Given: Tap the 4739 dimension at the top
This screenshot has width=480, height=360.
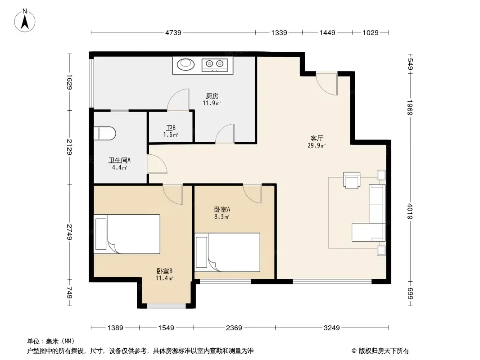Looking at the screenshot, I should [173, 32].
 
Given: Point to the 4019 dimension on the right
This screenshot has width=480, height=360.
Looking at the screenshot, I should [410, 211].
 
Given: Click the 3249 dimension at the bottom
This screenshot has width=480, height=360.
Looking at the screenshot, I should [331, 328].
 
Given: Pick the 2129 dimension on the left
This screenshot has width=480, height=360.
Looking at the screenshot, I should [69, 147].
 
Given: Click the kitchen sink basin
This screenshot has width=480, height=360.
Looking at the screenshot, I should [185, 64].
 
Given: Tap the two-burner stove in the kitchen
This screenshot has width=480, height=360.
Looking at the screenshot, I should [215, 65].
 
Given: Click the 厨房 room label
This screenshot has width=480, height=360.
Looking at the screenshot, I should [212, 96].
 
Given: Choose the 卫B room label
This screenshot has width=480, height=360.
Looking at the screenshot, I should [171, 128].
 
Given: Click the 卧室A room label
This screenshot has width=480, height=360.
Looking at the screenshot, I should [222, 209].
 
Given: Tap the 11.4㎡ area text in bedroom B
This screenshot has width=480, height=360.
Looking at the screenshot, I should [164, 278].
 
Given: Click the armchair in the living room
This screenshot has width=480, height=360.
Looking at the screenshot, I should [351, 180].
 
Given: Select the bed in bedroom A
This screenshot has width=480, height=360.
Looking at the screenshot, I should [227, 252].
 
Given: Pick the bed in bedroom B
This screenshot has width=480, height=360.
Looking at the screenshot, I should [127, 234].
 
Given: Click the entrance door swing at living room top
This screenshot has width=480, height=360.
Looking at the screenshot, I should [327, 84].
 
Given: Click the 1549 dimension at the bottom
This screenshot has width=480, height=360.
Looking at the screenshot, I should [166, 328].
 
